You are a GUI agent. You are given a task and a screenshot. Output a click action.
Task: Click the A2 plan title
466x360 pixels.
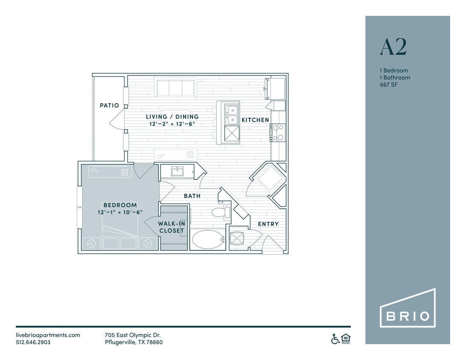[393, 47]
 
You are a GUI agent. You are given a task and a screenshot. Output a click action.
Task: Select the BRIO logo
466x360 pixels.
[408, 316]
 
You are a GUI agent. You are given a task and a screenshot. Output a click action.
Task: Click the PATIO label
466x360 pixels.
[109, 105]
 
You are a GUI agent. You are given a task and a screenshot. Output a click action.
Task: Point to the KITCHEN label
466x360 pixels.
[255, 120]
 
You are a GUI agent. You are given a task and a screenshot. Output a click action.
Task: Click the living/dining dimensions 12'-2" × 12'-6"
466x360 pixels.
[172, 124]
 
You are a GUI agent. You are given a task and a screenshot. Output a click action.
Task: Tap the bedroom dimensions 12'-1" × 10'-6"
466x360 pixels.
[120, 212]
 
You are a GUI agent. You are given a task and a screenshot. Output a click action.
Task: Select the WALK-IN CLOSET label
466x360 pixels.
[171, 227]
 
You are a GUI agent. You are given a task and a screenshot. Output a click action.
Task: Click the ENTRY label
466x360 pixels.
[268, 224]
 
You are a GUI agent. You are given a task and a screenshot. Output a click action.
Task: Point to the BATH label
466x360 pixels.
[192, 196]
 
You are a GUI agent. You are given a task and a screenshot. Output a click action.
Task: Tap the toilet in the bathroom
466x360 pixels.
[220, 212]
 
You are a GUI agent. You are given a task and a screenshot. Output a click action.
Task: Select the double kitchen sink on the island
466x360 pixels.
[232, 113]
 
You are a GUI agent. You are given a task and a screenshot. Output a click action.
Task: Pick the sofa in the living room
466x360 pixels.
[176, 88]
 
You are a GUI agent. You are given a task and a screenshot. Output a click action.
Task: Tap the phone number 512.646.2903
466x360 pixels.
[33, 342]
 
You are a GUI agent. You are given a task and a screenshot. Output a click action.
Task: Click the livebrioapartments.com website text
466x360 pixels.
[48, 335]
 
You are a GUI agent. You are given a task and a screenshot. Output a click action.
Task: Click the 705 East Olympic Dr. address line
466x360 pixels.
[133, 335]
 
